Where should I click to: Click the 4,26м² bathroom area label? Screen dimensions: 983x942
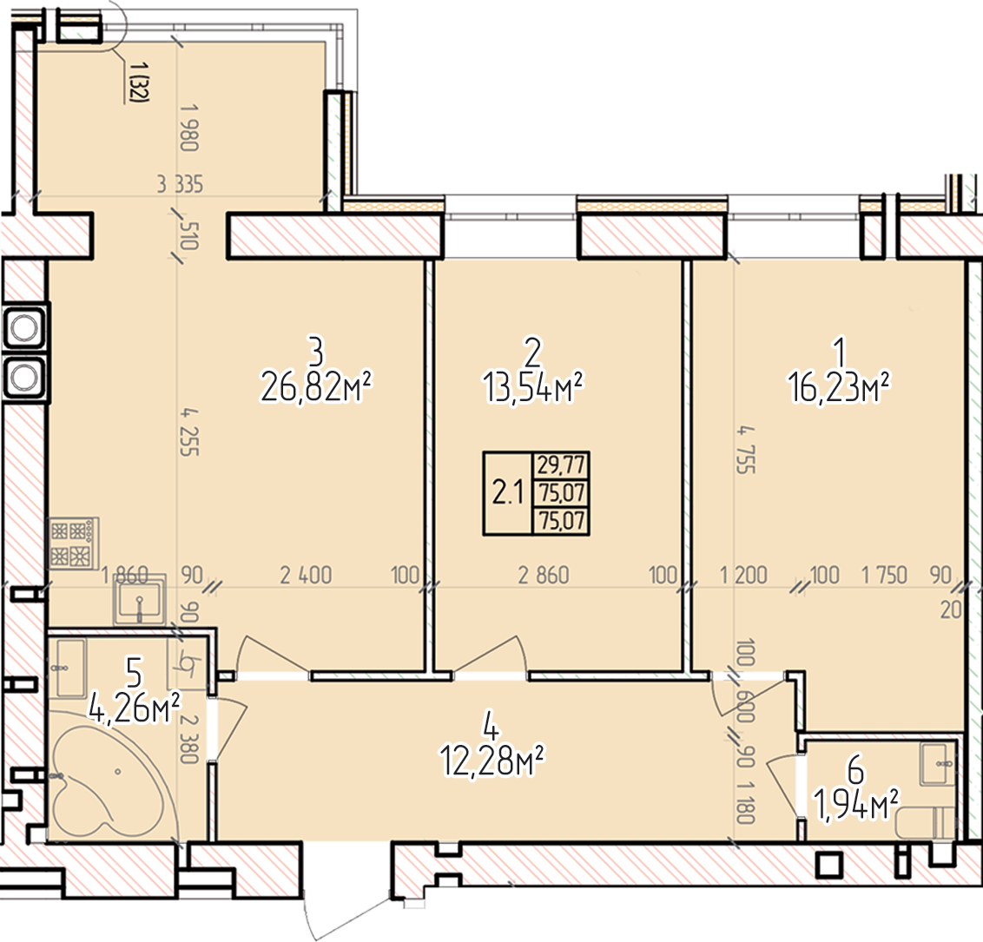(134, 708)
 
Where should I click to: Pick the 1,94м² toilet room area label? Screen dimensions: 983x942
(855, 804)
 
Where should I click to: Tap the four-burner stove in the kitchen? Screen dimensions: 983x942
(73, 543)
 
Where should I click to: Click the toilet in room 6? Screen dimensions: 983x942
(926, 823)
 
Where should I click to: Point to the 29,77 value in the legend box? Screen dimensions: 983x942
(561, 465)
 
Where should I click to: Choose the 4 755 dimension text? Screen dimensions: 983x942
(746, 450)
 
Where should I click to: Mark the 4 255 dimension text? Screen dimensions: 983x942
(189, 431)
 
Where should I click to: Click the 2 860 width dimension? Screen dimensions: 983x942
(544, 575)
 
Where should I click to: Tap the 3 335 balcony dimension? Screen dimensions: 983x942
(180, 184)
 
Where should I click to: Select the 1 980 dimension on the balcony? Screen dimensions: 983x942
(189, 128)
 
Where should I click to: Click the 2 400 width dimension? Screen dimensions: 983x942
(306, 575)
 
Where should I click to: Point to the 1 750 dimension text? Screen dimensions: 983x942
(885, 575)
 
